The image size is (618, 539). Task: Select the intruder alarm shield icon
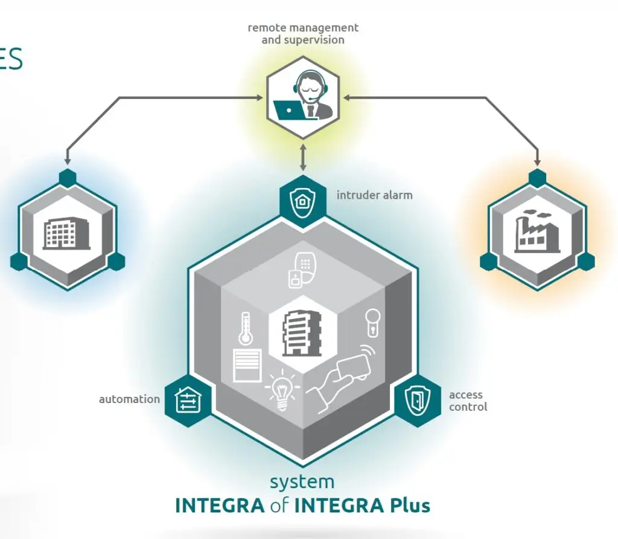coord(303,199)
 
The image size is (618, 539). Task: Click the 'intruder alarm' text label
coord(374,195)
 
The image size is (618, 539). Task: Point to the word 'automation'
coord(129,399)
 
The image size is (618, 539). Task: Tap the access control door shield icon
coord(417,400)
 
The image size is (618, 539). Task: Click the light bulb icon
coord(281,389)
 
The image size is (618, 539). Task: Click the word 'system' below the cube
coord(302,482)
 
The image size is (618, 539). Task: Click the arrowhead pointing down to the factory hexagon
coord(537,162)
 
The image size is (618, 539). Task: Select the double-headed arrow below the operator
coord(303,155)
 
